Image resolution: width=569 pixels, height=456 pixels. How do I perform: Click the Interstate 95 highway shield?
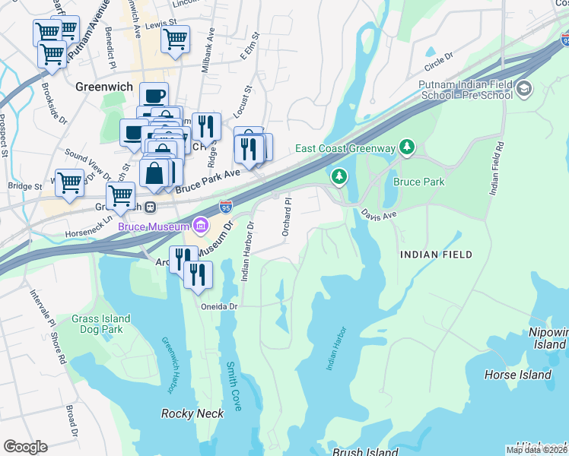(226, 206)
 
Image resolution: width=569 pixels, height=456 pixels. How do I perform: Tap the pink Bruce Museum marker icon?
(201, 224)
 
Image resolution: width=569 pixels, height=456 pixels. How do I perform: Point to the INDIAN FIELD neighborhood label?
(436, 255)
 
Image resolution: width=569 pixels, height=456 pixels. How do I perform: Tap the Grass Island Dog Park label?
(101, 325)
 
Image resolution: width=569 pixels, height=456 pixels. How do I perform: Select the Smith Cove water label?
(232, 386)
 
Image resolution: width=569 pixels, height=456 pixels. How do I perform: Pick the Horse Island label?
(518, 375)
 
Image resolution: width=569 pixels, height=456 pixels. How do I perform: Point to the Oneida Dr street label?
(220, 306)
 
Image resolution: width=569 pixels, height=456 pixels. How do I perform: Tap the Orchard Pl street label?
(288, 217)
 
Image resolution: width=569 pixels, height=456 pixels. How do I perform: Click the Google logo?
(25, 446)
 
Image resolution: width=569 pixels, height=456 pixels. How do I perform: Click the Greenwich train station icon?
(151, 207)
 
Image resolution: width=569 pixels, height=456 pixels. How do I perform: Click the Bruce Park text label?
(418, 182)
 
